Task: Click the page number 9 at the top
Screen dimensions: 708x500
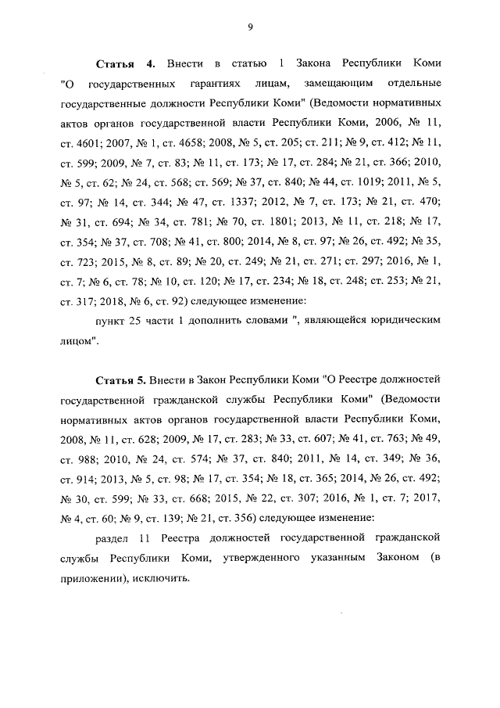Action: click(250, 27)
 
